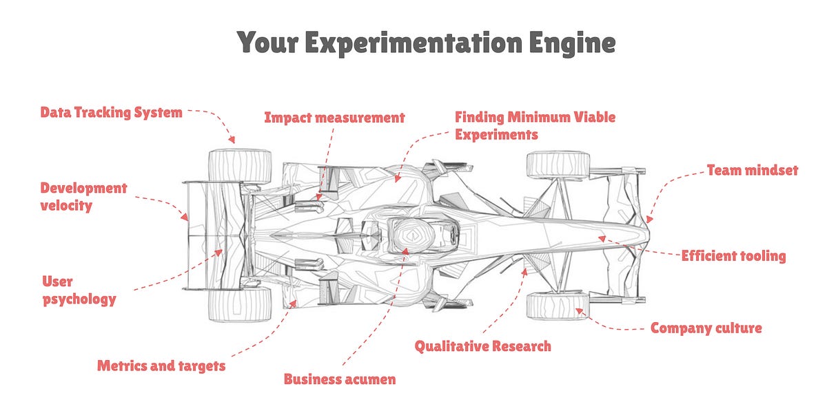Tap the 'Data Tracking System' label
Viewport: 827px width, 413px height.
click(111, 112)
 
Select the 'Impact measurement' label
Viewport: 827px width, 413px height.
click(334, 118)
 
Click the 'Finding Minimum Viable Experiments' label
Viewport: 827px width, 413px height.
click(535, 125)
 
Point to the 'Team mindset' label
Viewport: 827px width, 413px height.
click(752, 170)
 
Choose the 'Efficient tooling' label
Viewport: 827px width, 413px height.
click(733, 256)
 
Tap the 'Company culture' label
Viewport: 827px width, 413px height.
click(706, 328)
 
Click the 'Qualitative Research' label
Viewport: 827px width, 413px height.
click(482, 346)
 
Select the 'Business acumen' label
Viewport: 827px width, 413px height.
click(340, 379)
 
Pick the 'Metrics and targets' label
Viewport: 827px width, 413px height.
click(161, 366)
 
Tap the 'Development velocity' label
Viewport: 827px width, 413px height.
click(83, 196)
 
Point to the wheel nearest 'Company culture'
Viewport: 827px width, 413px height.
click(558, 305)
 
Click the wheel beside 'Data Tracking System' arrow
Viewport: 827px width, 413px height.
click(239, 166)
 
